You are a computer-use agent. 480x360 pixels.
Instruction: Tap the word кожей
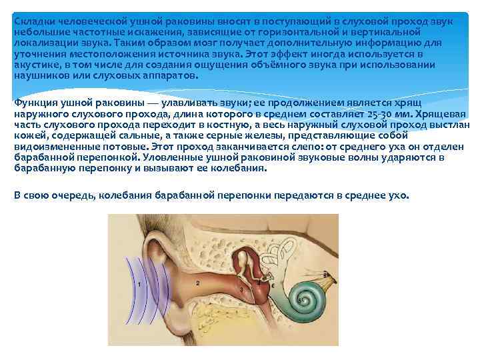pos(27,135)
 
